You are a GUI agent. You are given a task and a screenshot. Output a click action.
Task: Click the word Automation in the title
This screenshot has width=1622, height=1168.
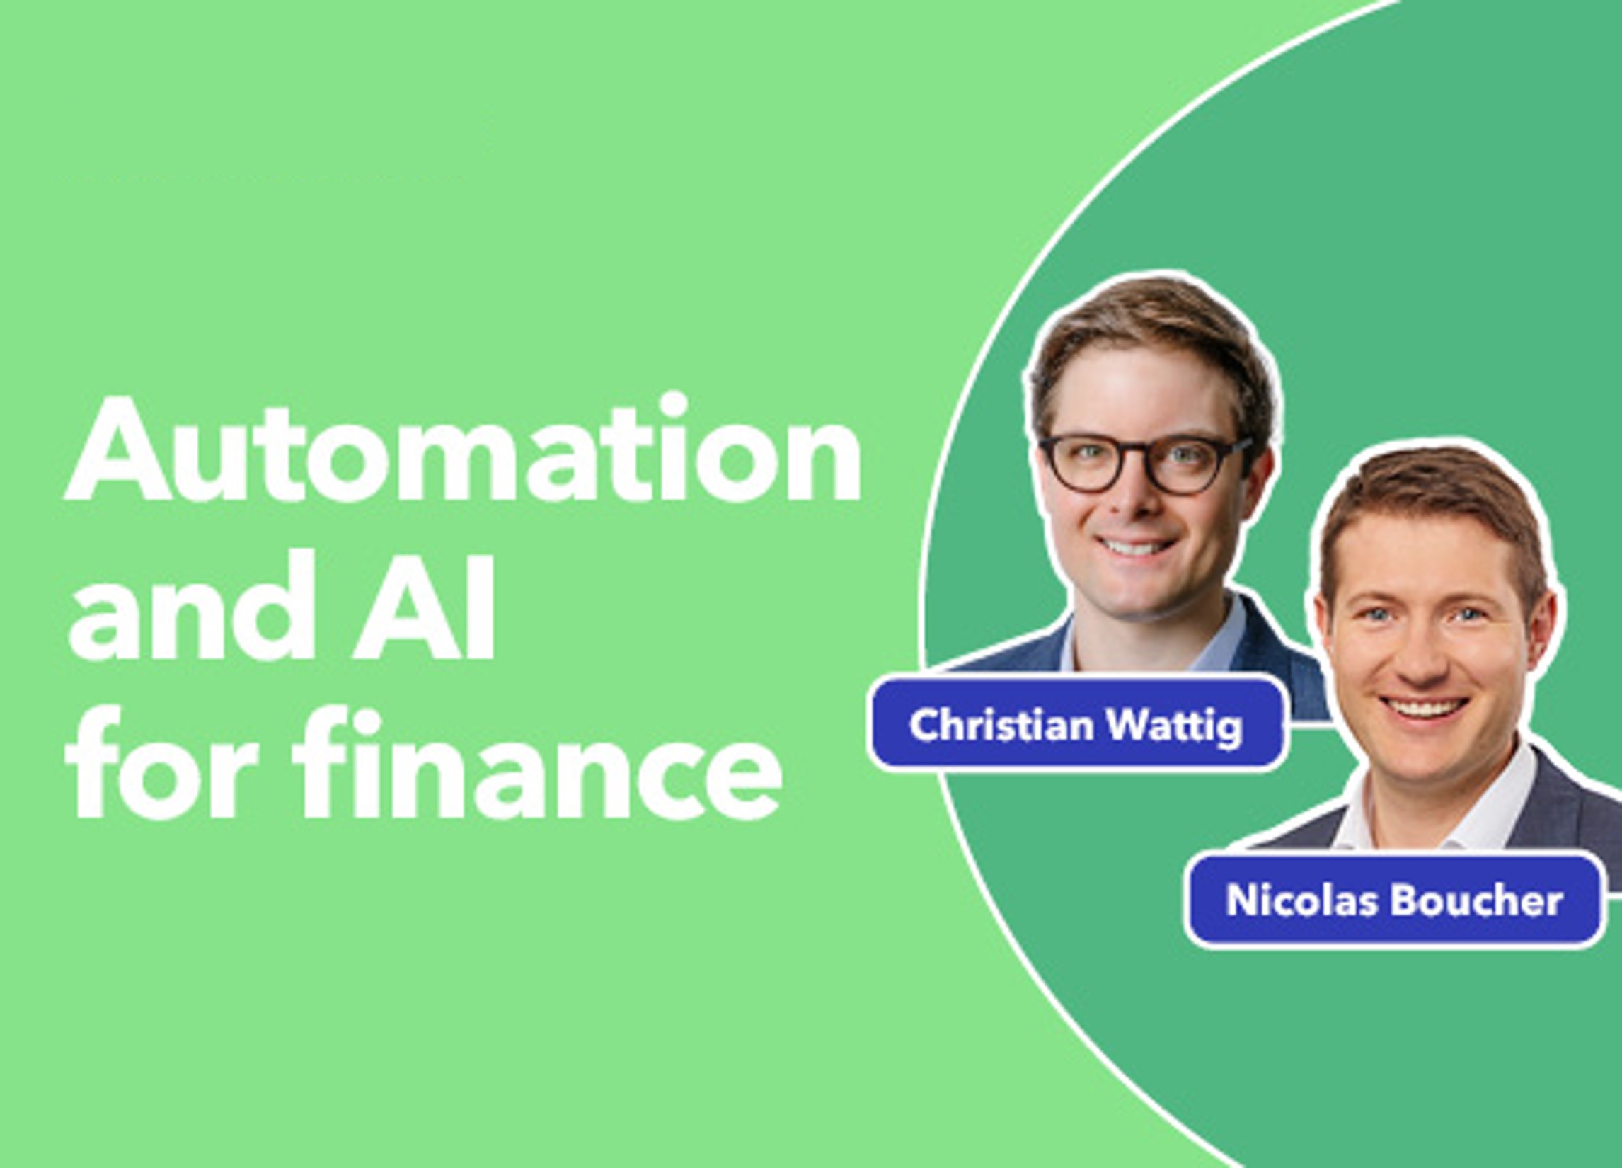464,449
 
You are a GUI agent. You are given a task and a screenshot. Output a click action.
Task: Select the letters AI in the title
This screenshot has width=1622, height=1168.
422,607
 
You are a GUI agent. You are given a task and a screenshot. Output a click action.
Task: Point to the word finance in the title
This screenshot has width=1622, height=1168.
540,764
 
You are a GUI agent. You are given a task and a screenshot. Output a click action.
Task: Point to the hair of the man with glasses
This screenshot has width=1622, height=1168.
1151,343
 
